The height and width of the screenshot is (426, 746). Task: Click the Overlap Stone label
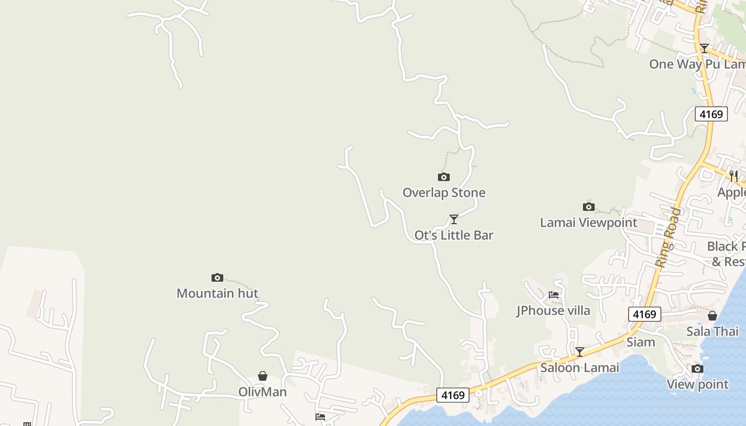(444, 193)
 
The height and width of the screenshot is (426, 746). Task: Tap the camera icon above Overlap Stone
(443, 177)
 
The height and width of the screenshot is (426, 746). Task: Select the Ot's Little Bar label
(454, 235)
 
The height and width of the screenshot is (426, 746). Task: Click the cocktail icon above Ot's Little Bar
(454, 219)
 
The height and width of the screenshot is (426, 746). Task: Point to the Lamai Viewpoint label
(588, 223)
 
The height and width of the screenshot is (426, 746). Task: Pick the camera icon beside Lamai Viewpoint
(588, 207)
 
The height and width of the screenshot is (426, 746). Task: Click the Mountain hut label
(217, 293)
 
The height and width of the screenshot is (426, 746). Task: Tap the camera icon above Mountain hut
(217, 277)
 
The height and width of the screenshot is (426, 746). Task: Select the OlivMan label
(262, 392)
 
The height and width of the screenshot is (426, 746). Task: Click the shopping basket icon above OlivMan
(262, 376)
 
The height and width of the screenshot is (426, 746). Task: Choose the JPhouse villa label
(553, 310)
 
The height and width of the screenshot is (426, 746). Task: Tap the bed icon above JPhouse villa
(554, 294)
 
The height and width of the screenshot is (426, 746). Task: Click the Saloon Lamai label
(580, 368)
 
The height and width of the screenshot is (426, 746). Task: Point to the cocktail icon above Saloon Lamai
(580, 351)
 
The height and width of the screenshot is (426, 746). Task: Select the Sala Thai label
(712, 331)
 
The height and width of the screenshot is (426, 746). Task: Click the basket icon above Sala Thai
(712, 316)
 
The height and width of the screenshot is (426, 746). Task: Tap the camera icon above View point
(698, 368)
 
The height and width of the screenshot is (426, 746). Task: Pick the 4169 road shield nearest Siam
(644, 314)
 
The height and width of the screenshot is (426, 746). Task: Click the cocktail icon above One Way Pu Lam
(704, 48)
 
